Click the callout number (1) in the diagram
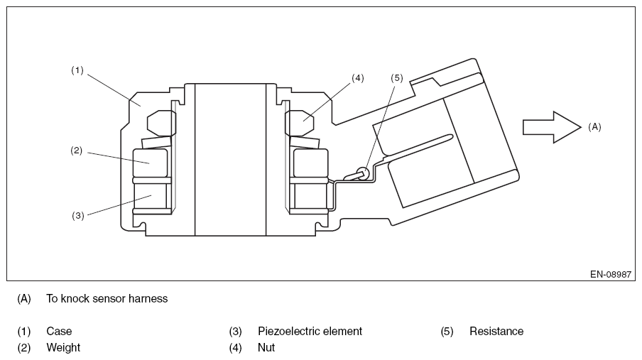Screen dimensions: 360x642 tap(77, 70)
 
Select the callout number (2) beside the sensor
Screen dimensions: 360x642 tap(77, 151)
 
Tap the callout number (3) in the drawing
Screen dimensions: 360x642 tap(77, 215)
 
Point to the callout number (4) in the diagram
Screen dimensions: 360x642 tap(357, 78)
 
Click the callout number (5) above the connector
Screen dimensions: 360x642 tap(396, 78)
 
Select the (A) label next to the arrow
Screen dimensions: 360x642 tap(594, 126)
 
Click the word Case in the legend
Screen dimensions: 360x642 tap(59, 331)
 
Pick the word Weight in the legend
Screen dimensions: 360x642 tap(63, 347)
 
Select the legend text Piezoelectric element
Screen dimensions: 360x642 tap(310, 331)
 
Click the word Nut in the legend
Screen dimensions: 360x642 tap(266, 347)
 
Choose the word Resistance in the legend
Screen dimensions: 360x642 tap(496, 331)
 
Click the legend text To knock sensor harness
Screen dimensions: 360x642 tap(107, 299)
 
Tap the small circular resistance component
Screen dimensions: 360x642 tap(362, 172)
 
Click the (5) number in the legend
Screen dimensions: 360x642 tap(447, 331)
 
